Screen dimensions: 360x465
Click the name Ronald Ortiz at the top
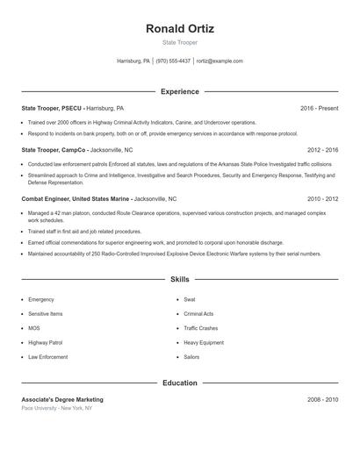(x=180, y=28)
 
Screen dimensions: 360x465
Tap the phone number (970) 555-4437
(x=174, y=61)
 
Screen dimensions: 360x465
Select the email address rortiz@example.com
(x=220, y=61)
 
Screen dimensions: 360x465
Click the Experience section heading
(x=180, y=91)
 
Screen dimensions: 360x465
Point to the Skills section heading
(x=180, y=279)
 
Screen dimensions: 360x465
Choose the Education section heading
(x=180, y=383)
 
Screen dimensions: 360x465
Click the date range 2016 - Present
(x=319, y=108)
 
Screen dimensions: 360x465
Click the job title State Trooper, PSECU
(x=52, y=108)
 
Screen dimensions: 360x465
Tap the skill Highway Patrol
(x=46, y=342)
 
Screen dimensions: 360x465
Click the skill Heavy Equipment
(x=204, y=342)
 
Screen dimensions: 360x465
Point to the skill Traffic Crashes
(x=201, y=328)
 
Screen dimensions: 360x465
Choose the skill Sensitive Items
(x=46, y=313)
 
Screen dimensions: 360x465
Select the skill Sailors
(x=191, y=357)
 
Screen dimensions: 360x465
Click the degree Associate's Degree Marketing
(x=62, y=399)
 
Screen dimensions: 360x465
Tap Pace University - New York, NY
(x=56, y=408)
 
